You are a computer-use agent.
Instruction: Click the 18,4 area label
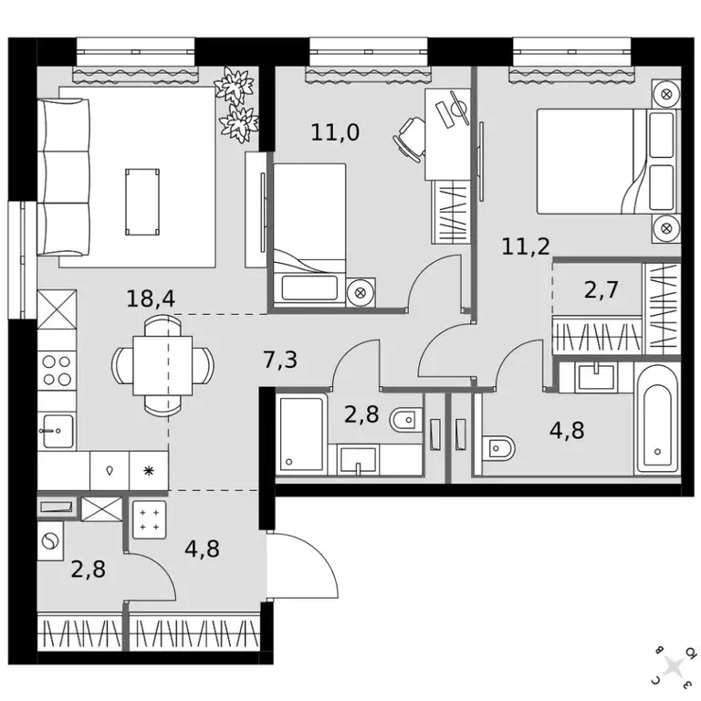pos(151,298)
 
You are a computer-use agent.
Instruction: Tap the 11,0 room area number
pos(335,132)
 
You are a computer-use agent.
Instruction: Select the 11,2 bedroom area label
pos(526,246)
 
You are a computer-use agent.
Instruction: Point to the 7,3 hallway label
pos(280,360)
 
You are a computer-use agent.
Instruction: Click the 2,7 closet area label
pos(602,289)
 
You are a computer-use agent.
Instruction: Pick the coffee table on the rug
pos(142,202)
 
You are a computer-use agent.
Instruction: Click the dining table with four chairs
pos(162,365)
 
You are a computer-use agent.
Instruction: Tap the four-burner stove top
pos(57,371)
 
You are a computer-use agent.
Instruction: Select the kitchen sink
pos(57,431)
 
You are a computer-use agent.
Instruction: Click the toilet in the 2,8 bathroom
pos(406,420)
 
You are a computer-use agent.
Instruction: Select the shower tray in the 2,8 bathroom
pos(301,434)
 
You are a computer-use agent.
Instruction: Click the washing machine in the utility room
pos(50,541)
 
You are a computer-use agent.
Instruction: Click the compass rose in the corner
pos(674,666)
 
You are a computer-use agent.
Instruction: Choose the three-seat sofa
pos(64,177)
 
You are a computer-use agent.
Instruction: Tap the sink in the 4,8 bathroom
pos(596,377)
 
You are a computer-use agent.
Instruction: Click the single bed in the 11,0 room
pos(309,235)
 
